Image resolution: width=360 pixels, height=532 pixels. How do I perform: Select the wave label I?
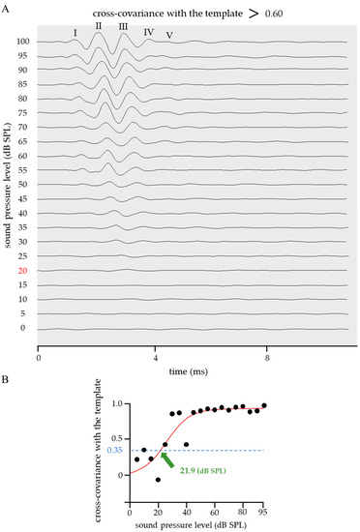click(x=75, y=32)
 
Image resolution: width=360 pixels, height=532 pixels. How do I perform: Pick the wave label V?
click(x=169, y=36)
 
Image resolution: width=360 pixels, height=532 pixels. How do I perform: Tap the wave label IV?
click(x=148, y=32)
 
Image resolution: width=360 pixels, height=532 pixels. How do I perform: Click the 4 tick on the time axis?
click(x=156, y=358)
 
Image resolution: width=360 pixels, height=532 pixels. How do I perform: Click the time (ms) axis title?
click(x=192, y=370)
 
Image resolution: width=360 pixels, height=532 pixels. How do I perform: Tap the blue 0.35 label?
click(x=112, y=450)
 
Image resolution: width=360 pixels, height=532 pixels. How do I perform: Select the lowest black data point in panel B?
click(x=158, y=480)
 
